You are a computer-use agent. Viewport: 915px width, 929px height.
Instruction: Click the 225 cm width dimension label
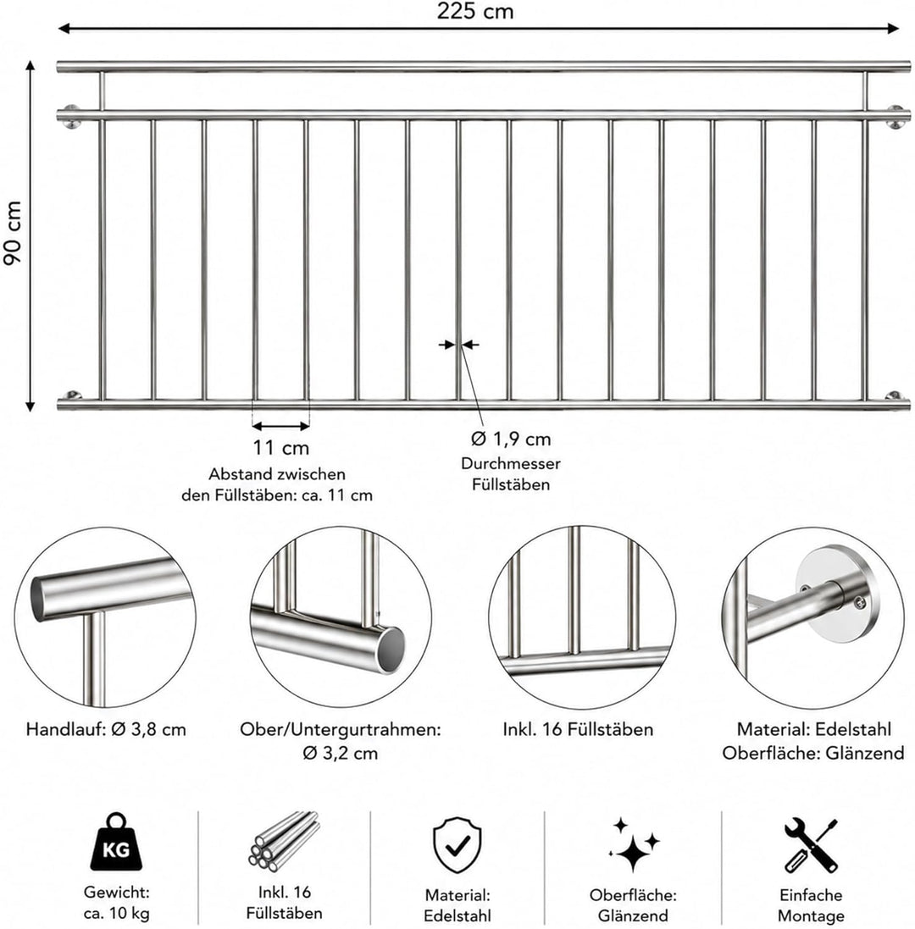pos(474,11)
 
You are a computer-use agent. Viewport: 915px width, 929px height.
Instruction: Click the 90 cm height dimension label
pos(13,233)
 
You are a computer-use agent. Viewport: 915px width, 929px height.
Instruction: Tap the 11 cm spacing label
pos(281,448)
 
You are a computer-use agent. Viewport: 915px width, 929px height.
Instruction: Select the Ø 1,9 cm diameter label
pos(511,439)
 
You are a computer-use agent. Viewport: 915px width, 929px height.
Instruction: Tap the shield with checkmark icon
pos(457,845)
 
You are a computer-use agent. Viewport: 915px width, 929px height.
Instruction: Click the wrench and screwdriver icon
pos(810,845)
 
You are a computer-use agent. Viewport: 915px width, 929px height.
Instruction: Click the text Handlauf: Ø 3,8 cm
pos(106,729)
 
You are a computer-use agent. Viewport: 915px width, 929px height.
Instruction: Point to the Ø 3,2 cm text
pos(341,753)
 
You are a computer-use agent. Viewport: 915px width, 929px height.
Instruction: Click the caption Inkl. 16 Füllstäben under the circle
pos(578,729)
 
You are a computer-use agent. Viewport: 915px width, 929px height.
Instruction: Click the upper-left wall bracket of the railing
pos(70,116)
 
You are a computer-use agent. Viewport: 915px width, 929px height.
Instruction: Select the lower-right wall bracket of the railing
pos(894,396)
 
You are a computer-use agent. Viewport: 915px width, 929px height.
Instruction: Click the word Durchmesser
pos(510,463)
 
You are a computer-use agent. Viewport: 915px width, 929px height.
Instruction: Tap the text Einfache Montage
pos(811,904)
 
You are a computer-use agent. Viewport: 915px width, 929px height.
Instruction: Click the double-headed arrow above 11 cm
pos(281,425)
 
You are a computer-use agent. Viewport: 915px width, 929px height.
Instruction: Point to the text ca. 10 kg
pos(116,913)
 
